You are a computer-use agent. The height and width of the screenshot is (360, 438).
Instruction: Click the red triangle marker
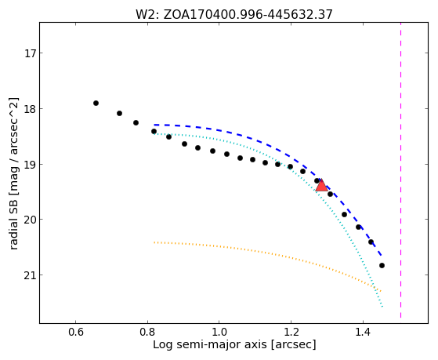click(321, 185)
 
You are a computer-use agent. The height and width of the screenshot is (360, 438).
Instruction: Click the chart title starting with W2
click(234, 14)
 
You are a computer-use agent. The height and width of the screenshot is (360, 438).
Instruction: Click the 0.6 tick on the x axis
click(76, 333)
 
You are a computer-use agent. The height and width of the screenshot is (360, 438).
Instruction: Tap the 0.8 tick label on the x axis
click(147, 333)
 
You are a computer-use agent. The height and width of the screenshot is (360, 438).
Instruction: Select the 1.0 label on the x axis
click(219, 333)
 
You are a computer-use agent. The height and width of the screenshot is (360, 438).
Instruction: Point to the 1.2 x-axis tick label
click(291, 333)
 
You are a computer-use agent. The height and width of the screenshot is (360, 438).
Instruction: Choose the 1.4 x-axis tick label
click(363, 333)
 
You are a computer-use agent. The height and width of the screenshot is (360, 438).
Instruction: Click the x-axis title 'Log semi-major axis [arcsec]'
click(234, 344)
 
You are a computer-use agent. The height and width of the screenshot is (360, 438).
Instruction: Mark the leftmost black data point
click(96, 104)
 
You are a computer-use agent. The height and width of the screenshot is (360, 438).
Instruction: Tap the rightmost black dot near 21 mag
click(382, 265)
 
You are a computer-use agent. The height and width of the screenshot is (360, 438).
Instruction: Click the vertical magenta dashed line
click(400, 170)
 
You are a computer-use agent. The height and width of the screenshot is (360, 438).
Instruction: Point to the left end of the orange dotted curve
click(154, 242)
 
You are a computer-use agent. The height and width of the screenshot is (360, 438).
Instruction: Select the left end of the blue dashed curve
click(154, 125)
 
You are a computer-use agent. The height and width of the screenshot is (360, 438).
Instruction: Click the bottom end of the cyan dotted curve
click(382, 307)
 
